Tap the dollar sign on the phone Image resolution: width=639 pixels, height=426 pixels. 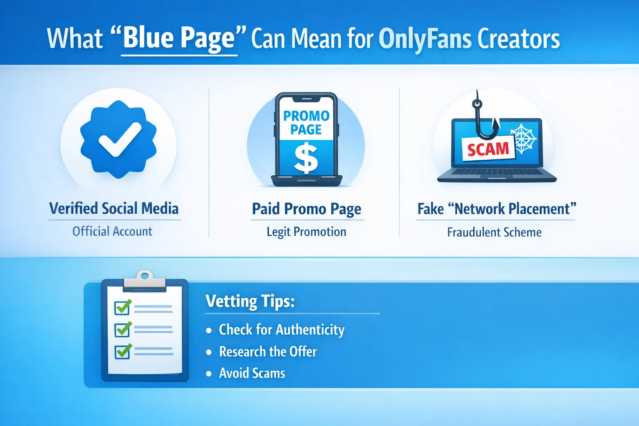coord(306,158)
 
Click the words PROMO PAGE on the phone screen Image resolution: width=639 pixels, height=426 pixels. coord(306,122)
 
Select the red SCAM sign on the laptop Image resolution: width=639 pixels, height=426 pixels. coord(488,149)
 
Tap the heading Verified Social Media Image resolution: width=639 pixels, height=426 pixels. coord(114,208)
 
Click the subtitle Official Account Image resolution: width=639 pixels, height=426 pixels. coord(112,231)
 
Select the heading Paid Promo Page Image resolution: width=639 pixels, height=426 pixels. coord(307,209)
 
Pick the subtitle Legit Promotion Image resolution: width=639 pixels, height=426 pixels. coord(307,232)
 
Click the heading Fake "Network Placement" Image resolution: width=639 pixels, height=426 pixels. coord(497,209)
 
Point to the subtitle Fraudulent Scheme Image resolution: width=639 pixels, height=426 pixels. coord(494,232)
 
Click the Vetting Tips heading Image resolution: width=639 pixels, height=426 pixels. coord(250,301)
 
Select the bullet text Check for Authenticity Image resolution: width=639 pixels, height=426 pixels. coord(282,329)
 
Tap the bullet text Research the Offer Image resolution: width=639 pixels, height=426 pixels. coord(267,352)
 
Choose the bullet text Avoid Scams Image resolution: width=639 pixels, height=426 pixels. coord(252,373)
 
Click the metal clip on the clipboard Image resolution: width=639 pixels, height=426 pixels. coord(144,280)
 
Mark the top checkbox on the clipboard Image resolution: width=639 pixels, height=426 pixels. coord(123,307)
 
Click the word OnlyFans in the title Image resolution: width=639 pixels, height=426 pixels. coord(425,39)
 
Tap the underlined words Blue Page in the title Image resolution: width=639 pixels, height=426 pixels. coord(179,38)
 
